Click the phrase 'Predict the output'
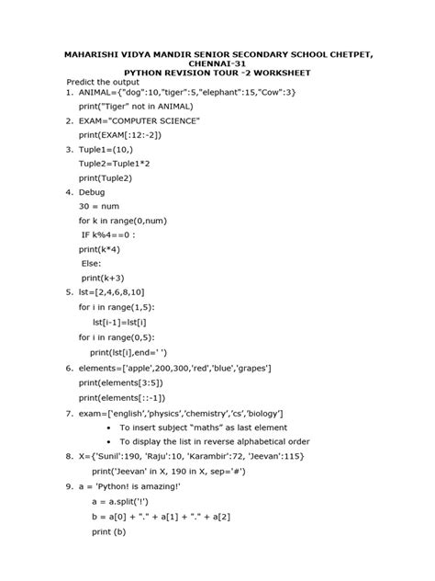click(105, 81)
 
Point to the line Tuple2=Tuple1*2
click(118, 163)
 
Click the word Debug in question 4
click(92, 192)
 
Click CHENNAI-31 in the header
click(217, 60)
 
